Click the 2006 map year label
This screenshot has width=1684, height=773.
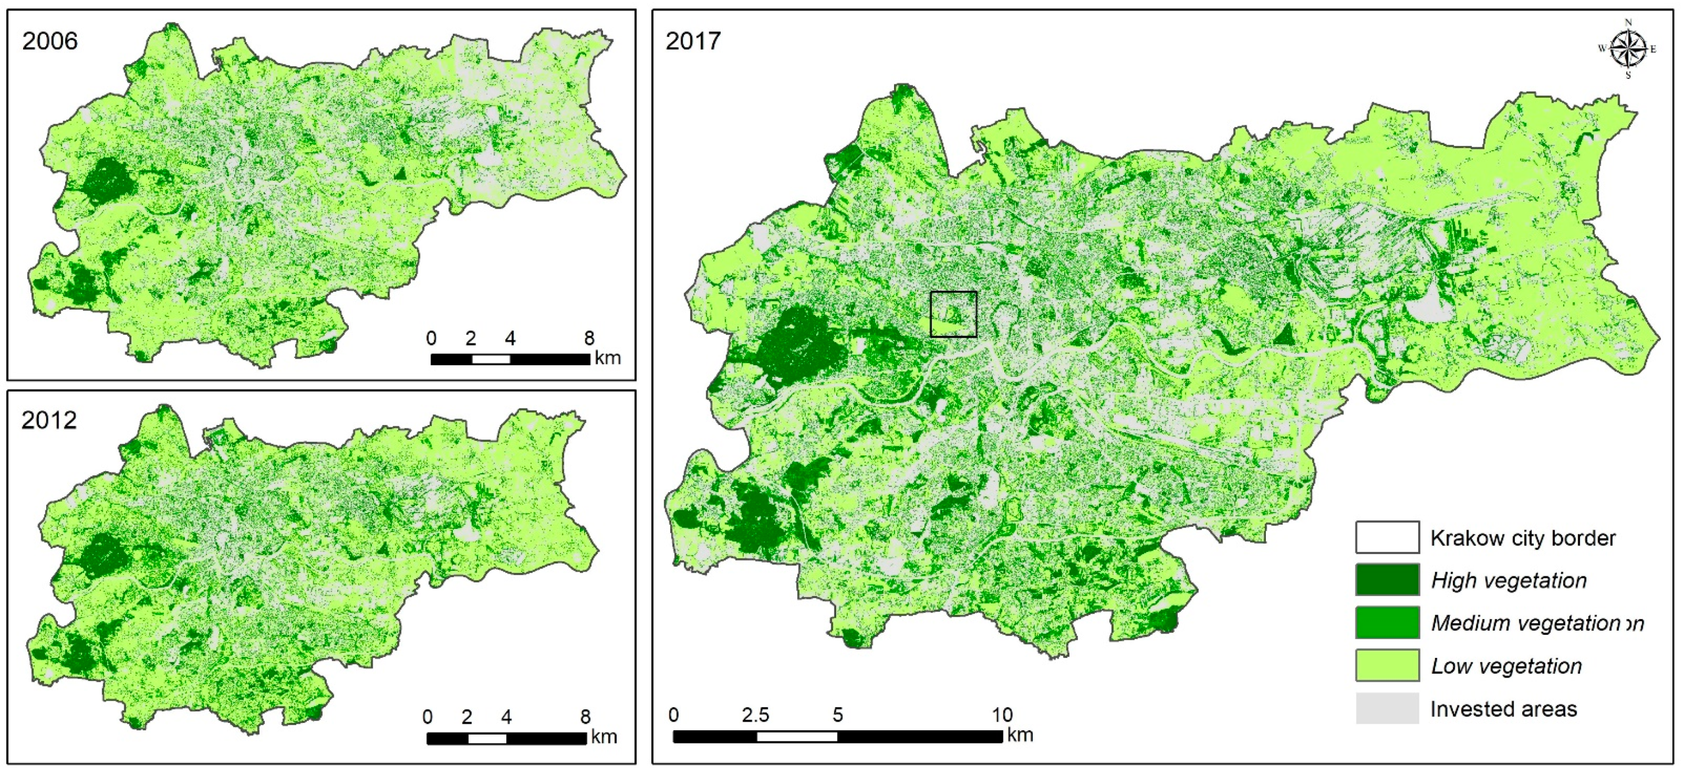coord(50,41)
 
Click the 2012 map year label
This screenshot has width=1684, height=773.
coord(49,420)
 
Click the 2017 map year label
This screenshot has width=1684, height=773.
coord(693,41)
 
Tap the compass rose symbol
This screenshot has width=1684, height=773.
coord(1627,49)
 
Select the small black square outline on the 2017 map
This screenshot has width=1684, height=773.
coord(953,314)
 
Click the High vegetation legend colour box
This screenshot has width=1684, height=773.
coord(1386,580)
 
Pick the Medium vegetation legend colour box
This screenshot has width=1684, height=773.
coord(1386,622)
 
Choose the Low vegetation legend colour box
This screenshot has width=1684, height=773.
coord(1386,665)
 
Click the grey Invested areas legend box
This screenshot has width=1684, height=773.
coord(1386,709)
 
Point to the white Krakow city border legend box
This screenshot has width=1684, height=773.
coord(1386,537)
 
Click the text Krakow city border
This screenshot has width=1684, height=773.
coord(1523,538)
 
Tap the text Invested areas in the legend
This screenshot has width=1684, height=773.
coord(1503,709)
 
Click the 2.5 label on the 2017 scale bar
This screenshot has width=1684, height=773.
coord(755,715)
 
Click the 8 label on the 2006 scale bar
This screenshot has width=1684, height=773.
coord(589,338)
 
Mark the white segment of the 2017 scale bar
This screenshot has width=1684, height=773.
coord(797,736)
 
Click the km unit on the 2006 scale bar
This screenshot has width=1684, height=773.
coord(607,358)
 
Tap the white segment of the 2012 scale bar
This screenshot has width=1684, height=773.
coord(487,738)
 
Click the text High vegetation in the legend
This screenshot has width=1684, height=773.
coord(1508,580)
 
